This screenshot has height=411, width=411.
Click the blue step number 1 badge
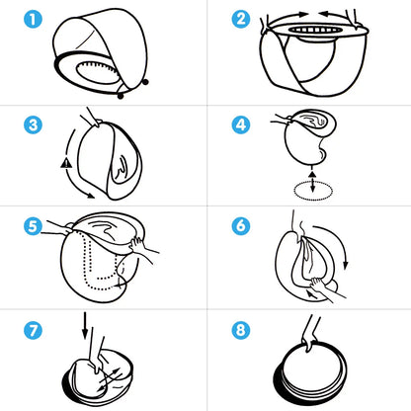click(33, 19)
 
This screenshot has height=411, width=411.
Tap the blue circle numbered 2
click(241, 19)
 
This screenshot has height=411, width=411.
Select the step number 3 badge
click(33, 124)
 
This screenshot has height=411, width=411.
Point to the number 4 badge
click(241, 124)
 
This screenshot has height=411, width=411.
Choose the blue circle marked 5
click(33, 226)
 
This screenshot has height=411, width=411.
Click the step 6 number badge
click(241, 226)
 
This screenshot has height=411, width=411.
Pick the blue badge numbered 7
click(33, 330)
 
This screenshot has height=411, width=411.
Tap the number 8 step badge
click(241, 330)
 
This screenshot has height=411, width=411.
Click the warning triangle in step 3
click(66, 163)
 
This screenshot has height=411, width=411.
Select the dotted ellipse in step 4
click(313, 191)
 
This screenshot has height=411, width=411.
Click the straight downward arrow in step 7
click(85, 325)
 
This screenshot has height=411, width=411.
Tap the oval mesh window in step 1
click(96, 72)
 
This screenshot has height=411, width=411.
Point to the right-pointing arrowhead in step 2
click(303, 14)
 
